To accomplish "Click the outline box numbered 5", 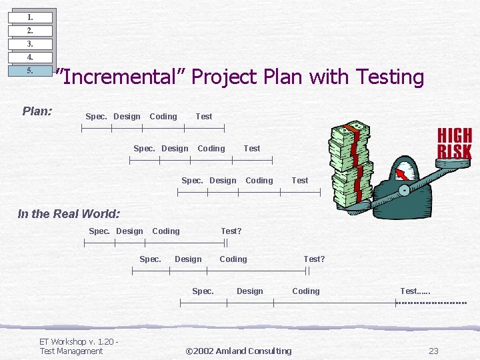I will point(30,71).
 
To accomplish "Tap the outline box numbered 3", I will point(30,44).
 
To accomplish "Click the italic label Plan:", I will point(37,111).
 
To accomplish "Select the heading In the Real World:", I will point(69,214).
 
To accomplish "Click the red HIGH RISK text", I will point(454,143).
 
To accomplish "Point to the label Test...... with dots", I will point(415,291).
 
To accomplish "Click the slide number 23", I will point(433,351).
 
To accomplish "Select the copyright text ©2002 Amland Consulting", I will point(238,351).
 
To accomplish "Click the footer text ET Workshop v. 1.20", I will point(79,342).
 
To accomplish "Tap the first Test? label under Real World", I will point(231,231).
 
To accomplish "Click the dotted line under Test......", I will point(431,303).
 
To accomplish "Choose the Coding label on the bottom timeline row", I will point(306,291).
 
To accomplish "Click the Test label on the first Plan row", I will point(204,117).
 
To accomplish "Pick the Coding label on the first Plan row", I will point(163,117).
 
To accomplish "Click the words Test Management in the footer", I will point(71,351).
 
